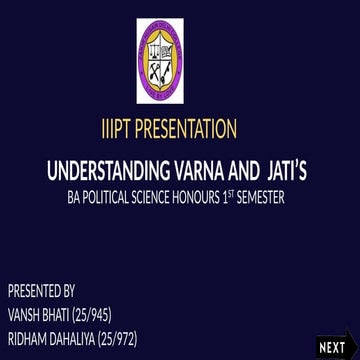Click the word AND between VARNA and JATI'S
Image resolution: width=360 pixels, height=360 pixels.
(x=243, y=166)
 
